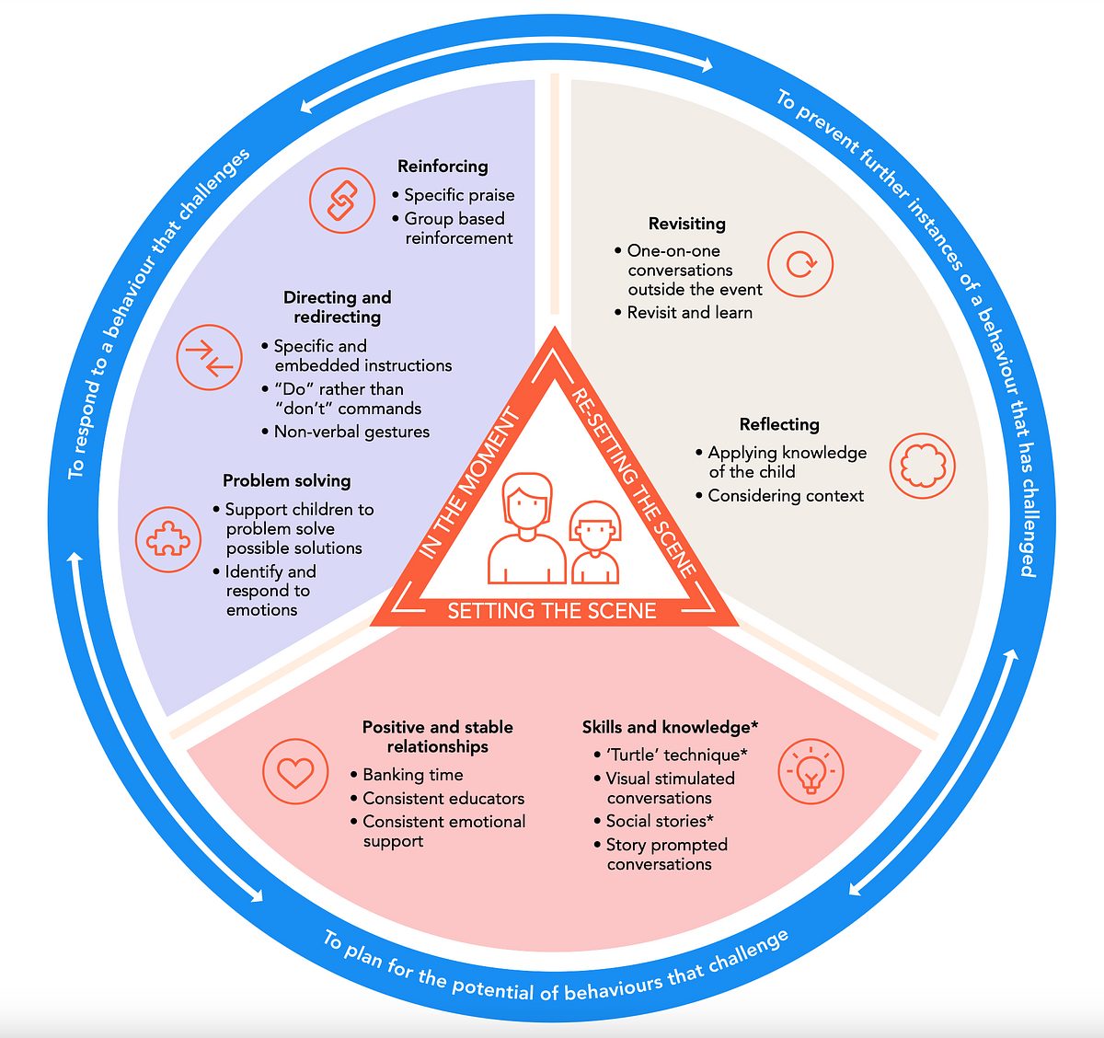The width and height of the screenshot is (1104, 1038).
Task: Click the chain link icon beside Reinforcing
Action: click(x=342, y=200)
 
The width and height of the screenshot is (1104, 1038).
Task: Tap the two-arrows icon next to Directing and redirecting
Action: click(x=210, y=357)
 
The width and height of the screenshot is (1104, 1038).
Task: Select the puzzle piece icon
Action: click(x=168, y=538)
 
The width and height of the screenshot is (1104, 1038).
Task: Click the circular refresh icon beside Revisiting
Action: click(x=799, y=264)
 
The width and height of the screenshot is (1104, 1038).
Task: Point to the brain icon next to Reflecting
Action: click(x=922, y=466)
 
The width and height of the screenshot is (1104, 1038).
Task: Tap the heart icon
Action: click(x=295, y=771)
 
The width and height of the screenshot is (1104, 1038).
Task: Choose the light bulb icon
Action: click(x=811, y=771)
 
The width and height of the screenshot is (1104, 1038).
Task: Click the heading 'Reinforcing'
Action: click(x=443, y=167)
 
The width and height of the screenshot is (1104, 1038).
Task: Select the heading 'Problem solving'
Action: click(x=286, y=480)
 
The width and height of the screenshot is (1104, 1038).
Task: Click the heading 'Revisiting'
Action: click(x=686, y=224)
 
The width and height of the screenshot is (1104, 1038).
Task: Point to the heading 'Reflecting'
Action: click(x=778, y=424)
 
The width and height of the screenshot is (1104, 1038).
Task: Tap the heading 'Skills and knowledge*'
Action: click(x=670, y=727)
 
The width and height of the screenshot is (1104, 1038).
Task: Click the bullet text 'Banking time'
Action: click(x=412, y=775)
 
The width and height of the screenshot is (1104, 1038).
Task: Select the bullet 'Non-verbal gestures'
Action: click(x=351, y=432)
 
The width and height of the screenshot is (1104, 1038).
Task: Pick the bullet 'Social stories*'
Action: click(x=660, y=821)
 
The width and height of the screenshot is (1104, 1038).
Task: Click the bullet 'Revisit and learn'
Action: click(x=689, y=313)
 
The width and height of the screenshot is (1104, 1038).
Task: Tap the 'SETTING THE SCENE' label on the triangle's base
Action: click(x=552, y=611)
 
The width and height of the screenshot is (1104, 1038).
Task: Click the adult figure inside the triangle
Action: click(x=526, y=529)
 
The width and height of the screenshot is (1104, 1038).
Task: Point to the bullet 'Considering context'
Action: click(x=786, y=496)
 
